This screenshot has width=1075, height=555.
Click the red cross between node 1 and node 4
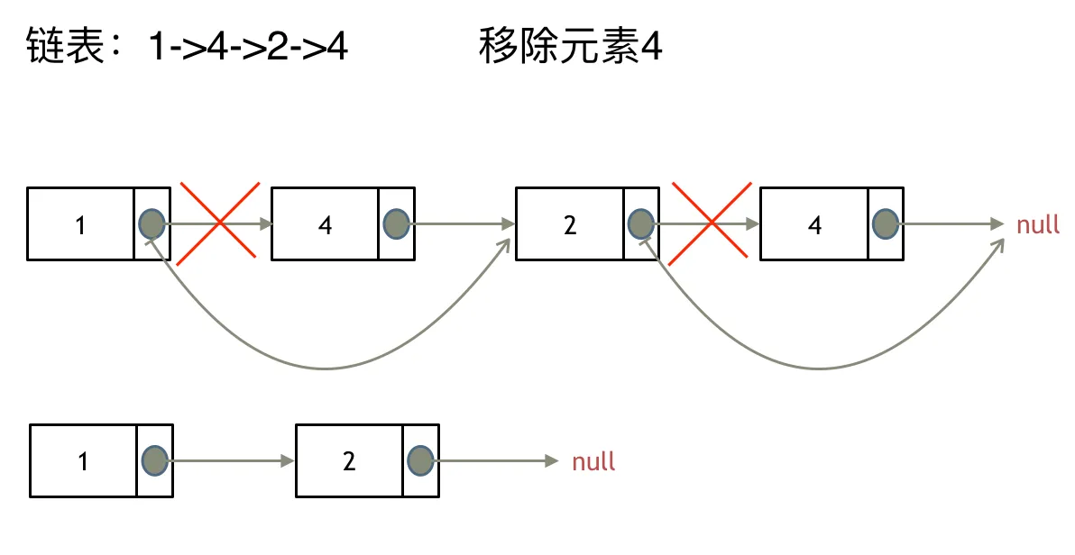[220, 223]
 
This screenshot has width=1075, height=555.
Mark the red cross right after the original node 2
[712, 223]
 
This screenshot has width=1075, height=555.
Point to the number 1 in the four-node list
[80, 224]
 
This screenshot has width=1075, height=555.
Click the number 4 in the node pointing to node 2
[326, 224]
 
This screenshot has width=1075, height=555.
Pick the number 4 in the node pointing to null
[815, 224]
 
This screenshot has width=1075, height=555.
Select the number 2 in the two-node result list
[350, 461]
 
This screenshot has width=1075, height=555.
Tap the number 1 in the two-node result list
[83, 461]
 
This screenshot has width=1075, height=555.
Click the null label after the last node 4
[1038, 224]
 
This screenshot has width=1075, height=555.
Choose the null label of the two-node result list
[593, 461]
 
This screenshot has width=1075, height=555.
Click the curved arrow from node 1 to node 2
[325, 368]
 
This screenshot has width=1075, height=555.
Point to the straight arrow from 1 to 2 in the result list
[231, 460]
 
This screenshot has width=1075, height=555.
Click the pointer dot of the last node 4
[886, 223]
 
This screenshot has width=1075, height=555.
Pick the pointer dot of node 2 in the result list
[420, 460]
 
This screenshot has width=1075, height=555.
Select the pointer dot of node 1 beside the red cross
[152, 223]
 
